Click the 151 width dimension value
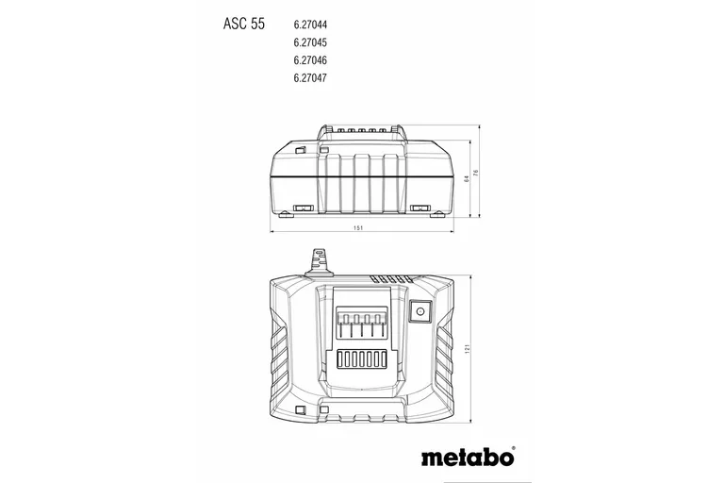pos(358,227)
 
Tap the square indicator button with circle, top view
pos(420,308)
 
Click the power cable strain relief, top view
pos(318,261)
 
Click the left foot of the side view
pos(304,208)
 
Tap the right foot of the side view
pos(420,208)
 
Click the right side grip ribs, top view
pos(442,349)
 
